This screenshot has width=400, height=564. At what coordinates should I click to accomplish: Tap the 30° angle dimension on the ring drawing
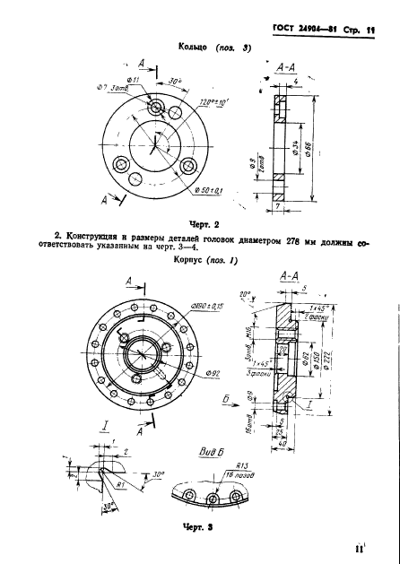(173, 80)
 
